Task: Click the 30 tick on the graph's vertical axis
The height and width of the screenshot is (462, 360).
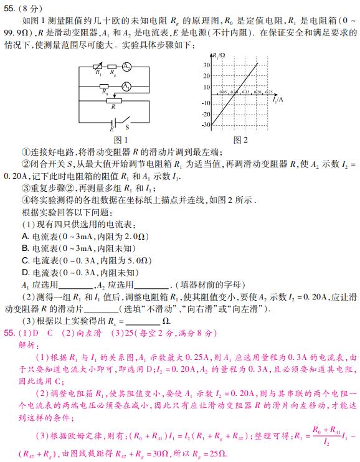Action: click(207, 64)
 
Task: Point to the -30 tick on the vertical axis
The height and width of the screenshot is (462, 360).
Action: click(206, 125)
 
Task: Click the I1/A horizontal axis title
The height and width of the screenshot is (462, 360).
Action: click(278, 98)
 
